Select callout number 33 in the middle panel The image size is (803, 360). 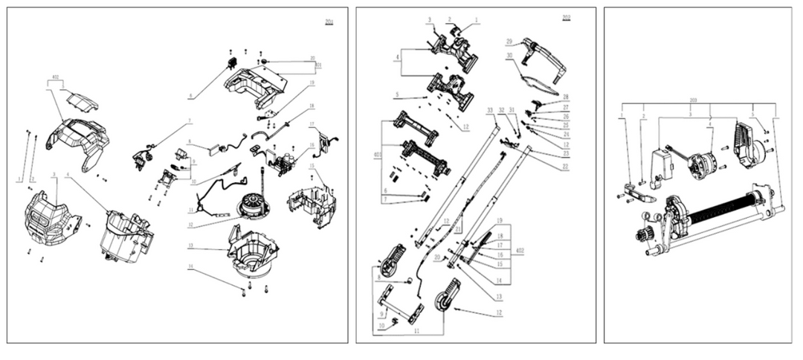[x=490, y=111]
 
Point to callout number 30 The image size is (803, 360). [x=510, y=55]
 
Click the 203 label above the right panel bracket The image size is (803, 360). [x=692, y=99]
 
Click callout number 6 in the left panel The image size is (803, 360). [x=191, y=95]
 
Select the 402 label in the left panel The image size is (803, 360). [x=55, y=77]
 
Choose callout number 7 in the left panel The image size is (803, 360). [x=190, y=120]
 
